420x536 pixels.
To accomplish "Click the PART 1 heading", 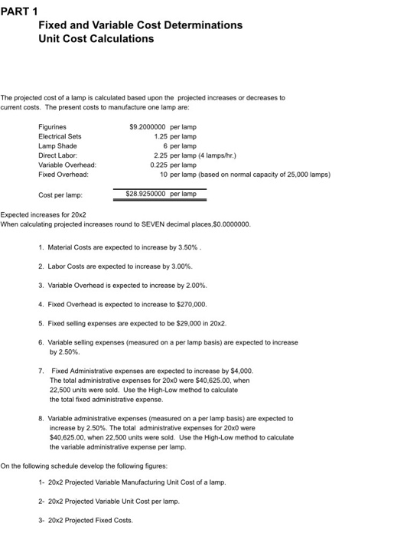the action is coord(21,10).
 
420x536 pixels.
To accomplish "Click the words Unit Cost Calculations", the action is coord(96,38).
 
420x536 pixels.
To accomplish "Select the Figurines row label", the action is coord(51,126).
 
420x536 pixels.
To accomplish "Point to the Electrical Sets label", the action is coord(60,136).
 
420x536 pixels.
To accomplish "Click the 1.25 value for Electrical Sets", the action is coord(161,136).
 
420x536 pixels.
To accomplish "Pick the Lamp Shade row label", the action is coord(57,145).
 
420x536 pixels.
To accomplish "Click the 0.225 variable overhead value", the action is coord(161,165).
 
